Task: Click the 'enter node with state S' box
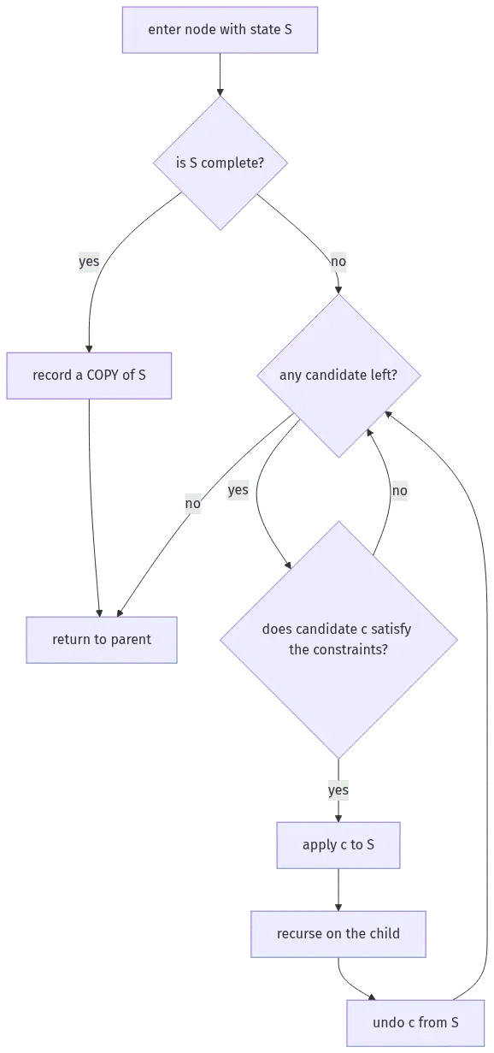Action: (x=220, y=30)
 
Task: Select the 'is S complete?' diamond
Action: (x=221, y=163)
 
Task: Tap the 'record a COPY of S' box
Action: (x=89, y=376)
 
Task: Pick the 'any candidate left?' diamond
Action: (x=338, y=376)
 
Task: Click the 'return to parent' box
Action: (x=102, y=640)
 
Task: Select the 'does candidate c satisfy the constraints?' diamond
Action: (x=338, y=640)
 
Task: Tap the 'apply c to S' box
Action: (x=338, y=845)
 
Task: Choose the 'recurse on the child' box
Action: (x=338, y=933)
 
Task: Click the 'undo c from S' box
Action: (x=415, y=1022)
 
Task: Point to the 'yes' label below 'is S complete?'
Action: (x=89, y=261)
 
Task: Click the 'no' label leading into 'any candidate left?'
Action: (x=338, y=262)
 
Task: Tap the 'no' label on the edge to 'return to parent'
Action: (x=192, y=504)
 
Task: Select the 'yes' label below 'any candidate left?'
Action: (x=238, y=490)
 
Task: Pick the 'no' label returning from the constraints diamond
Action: (x=399, y=491)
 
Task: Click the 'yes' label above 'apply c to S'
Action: (x=338, y=790)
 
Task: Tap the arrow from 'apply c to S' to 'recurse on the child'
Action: (x=338, y=890)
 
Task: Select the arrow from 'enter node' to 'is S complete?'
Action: (x=220, y=74)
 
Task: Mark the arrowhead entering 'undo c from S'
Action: (x=373, y=997)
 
